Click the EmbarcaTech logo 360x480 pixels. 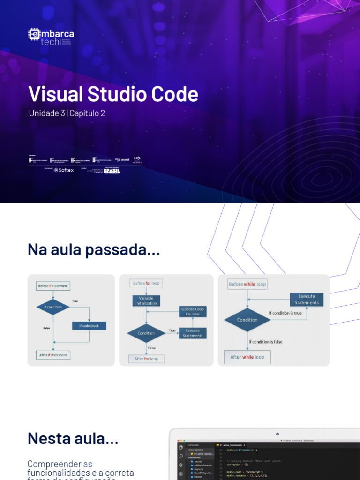pyautogui.click(x=51, y=37)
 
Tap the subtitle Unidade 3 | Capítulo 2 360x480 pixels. pyautogui.click(x=67, y=113)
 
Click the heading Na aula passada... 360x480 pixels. pyautogui.click(x=94, y=250)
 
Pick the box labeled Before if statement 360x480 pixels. pyautogui.click(x=53, y=286)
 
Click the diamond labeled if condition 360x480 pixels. pyautogui.click(x=53, y=307)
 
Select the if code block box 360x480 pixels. pyautogui.click(x=89, y=326)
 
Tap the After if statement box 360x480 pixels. pyautogui.click(x=53, y=355)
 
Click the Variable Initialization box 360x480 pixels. pyautogui.click(x=146, y=300)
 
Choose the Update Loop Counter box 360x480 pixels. pyautogui.click(x=193, y=311)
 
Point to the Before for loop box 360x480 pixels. pyautogui.click(x=146, y=283)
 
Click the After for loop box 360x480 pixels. pyautogui.click(x=146, y=359)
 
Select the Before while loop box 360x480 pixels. pyautogui.click(x=247, y=284)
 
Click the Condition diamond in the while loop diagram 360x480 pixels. pyautogui.click(x=247, y=320)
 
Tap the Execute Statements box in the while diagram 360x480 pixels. pyautogui.click(x=307, y=300)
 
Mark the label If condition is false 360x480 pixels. pyautogui.click(x=266, y=342)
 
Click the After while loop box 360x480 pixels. pyautogui.click(x=247, y=357)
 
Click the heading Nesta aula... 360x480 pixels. pyautogui.click(x=73, y=439)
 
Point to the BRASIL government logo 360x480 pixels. pyautogui.click(x=112, y=171)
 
